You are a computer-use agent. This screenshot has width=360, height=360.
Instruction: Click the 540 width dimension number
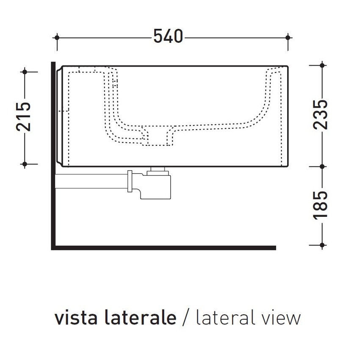coord(168,37)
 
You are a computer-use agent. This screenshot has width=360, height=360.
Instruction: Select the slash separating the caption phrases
coord(185,318)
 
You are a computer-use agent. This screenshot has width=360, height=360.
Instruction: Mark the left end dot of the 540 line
coord(57,37)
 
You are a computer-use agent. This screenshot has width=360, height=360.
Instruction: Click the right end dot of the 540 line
coord(288,37)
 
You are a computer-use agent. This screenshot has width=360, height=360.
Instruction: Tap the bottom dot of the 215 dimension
coord(25,163)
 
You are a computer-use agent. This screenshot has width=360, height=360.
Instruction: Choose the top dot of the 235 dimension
coord(322,65)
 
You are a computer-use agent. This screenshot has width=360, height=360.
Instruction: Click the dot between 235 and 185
coord(322,166)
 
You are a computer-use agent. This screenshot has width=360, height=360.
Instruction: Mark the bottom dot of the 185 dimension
coord(322,245)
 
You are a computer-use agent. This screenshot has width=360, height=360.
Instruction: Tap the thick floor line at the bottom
coord(165,248)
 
